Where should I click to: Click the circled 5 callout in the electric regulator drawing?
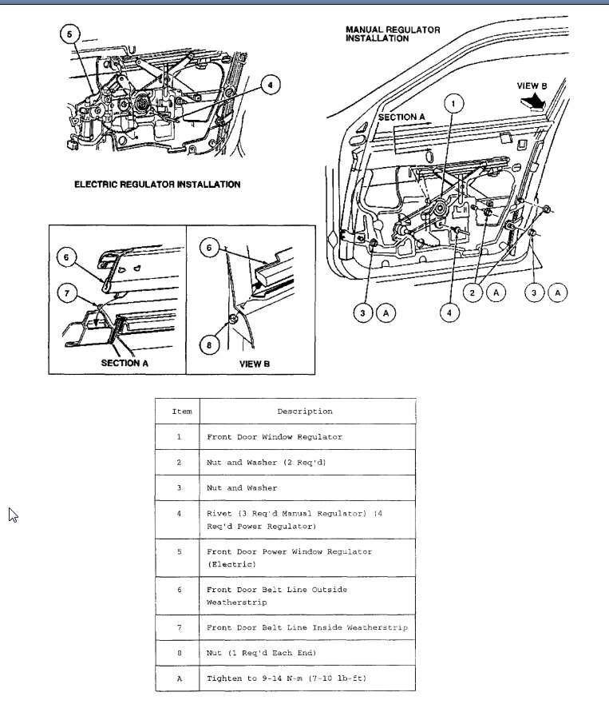point(69,34)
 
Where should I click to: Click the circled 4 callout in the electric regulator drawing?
point(270,84)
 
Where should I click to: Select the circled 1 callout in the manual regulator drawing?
point(453,103)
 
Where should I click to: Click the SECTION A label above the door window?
point(401,117)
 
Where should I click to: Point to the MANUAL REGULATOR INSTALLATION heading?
point(392,34)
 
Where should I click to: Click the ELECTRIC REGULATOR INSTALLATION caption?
point(157,185)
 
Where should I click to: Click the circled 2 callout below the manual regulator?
point(473,293)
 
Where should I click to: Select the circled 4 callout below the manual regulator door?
point(450,312)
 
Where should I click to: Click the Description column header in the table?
point(305,412)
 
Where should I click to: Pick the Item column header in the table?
point(182,412)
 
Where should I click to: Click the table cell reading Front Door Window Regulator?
point(275,437)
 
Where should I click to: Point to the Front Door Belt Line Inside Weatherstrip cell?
point(306,627)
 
